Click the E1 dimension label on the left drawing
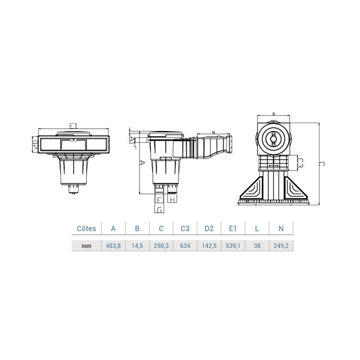tap(73, 126)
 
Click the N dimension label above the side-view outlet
tap(214, 133)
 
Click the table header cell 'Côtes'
tap(86, 228)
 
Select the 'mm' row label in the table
tap(86, 245)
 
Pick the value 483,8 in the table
tap(113, 245)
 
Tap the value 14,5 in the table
tap(137, 245)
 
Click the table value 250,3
tap(161, 245)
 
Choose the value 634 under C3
tap(185, 245)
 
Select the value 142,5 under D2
tap(209, 245)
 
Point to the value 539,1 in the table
tap(233, 245)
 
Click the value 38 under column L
tap(257, 245)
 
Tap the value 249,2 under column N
tap(281, 245)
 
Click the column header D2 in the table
tap(209, 228)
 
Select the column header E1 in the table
tap(233, 228)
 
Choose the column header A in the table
tap(113, 228)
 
